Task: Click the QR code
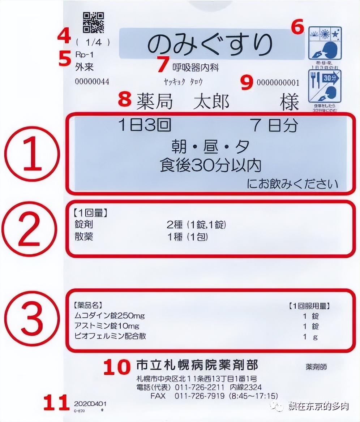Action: (x=93, y=22)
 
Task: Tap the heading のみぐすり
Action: (x=211, y=44)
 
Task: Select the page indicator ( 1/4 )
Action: (x=93, y=43)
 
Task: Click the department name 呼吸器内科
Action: (x=195, y=68)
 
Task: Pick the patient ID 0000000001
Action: (x=278, y=83)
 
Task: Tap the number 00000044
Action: (x=92, y=82)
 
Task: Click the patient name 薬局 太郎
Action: (x=183, y=102)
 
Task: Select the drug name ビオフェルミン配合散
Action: (x=110, y=336)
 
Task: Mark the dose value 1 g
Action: (x=310, y=337)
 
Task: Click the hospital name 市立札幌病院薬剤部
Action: (x=197, y=365)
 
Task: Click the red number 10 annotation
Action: (x=116, y=367)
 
